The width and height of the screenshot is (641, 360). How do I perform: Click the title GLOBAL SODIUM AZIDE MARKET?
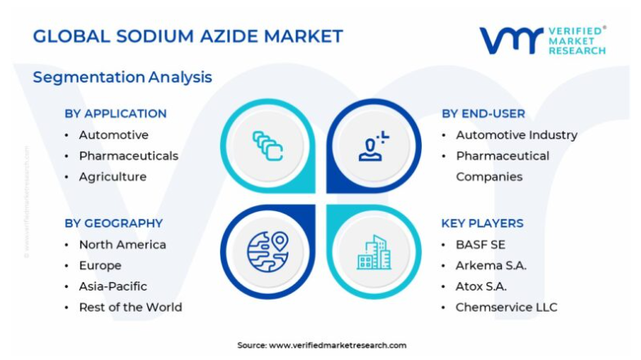point(188,36)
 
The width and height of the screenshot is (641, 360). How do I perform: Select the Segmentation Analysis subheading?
point(123,77)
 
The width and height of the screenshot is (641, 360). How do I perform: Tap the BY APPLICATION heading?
point(116,114)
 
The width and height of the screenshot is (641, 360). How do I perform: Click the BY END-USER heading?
point(483,114)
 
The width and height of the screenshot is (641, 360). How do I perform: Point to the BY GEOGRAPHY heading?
point(114,223)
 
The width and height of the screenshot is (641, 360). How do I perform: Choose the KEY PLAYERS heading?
point(482,223)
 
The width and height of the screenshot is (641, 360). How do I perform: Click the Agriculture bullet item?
point(113,177)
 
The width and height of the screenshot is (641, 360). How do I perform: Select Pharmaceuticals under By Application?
point(129,155)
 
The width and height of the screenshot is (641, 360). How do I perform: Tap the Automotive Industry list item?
point(517,135)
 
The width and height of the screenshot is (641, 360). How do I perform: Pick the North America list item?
point(123,245)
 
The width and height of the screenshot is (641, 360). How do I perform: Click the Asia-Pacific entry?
point(113,286)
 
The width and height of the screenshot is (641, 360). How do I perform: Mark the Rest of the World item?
point(131,308)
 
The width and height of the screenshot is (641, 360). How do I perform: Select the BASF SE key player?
point(481,245)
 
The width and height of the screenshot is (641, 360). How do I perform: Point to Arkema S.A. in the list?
point(491,265)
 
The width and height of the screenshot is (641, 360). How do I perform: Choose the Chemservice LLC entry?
point(507,308)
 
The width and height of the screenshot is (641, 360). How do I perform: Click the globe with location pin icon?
point(268,252)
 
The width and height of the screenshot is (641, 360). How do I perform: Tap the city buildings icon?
point(374,252)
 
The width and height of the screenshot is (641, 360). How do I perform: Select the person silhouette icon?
point(374,146)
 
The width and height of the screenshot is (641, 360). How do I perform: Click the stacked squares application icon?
point(268,146)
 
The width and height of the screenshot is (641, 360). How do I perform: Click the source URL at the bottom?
point(338,345)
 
